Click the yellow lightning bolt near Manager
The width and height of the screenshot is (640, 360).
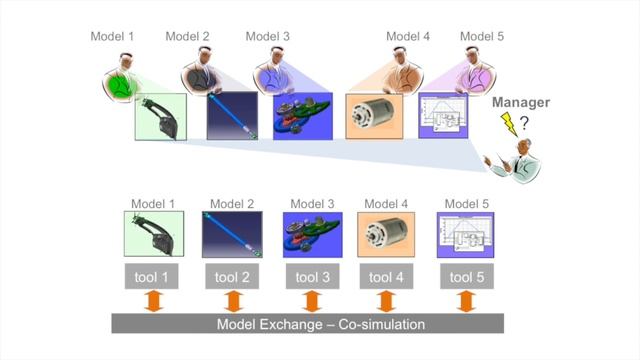509,124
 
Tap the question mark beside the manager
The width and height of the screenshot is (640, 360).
524,123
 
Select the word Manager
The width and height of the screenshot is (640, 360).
521,102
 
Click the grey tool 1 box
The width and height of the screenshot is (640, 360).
151,277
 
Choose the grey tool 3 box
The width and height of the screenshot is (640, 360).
312,277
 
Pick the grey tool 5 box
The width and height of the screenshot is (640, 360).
467,277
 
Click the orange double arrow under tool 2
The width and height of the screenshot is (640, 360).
233,302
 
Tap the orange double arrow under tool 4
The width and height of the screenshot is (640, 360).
386,302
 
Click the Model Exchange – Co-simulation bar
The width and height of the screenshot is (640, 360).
308,324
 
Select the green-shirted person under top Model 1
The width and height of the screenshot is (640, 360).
122,78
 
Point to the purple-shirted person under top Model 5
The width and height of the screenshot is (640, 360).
475,72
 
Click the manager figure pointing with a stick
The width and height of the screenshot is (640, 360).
515,161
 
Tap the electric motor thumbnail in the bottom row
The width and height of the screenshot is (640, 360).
386,234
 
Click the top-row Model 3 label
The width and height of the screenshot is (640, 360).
267,36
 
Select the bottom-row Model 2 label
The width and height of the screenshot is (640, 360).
232,204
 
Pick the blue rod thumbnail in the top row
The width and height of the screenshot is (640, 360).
232,116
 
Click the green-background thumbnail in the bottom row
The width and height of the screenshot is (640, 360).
154,234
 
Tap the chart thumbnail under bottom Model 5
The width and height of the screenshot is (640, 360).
465,235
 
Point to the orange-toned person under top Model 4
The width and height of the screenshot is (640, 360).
402,72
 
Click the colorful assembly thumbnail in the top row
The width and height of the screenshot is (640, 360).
303,116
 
